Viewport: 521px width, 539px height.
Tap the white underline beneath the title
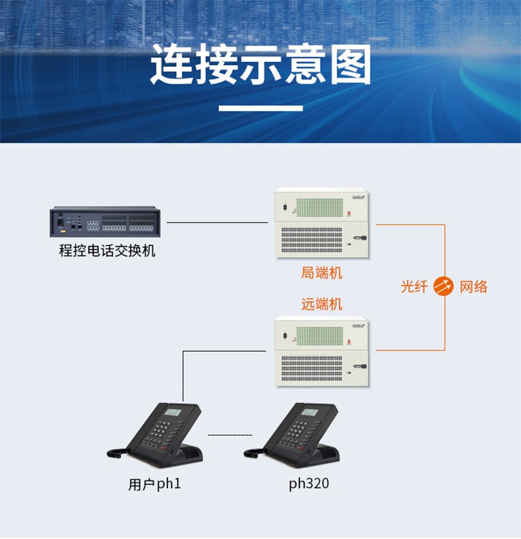tap(260, 108)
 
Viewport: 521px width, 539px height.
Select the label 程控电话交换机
tap(107, 251)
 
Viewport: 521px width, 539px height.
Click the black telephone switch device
tap(105, 222)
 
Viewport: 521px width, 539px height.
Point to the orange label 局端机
tap(322, 272)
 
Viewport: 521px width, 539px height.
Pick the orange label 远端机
tap(322, 304)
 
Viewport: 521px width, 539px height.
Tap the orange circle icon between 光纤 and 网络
tap(444, 287)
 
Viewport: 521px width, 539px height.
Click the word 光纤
tap(414, 287)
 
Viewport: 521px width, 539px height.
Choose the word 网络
tap(474, 287)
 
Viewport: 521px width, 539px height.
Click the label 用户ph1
tap(154, 484)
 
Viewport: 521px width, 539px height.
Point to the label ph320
tap(309, 484)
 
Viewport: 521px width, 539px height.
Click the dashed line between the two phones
tap(230, 435)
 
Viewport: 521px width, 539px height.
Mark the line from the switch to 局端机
tap(218, 222)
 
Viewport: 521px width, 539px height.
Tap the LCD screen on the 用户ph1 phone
tap(173, 412)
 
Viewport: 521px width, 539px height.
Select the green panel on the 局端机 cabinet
tap(320, 207)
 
